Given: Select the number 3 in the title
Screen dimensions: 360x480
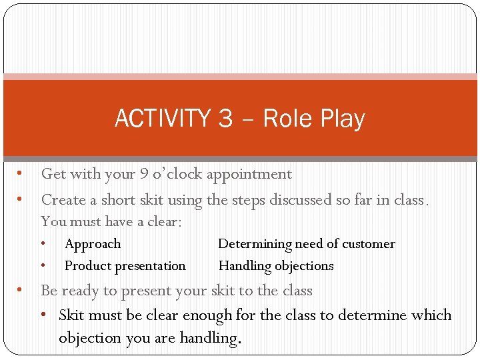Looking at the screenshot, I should (x=225, y=119).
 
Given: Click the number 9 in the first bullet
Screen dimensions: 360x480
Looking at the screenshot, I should (x=144, y=174).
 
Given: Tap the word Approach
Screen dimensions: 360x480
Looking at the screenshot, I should (x=93, y=244).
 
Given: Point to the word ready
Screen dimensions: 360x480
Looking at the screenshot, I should (x=84, y=291).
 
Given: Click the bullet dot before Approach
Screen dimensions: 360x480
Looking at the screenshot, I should (x=43, y=244).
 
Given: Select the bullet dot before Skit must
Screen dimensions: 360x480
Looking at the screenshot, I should (x=49, y=315).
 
